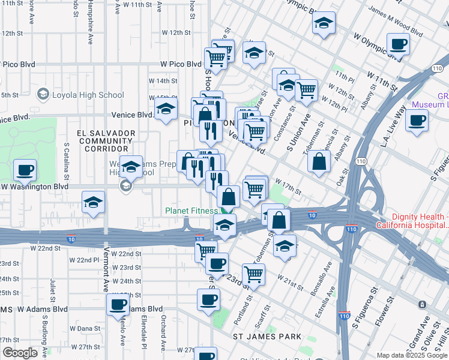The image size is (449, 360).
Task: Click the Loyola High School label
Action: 88,95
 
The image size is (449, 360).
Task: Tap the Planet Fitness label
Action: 192,211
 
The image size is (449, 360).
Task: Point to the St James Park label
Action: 267,337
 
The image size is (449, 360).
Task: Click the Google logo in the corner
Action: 19,353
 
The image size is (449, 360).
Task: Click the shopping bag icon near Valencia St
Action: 319,160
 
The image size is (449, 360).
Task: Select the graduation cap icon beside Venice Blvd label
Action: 165,109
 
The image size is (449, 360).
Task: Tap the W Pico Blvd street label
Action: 181,64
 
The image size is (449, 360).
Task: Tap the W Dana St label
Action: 85,328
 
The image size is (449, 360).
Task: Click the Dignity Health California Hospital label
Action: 420,221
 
